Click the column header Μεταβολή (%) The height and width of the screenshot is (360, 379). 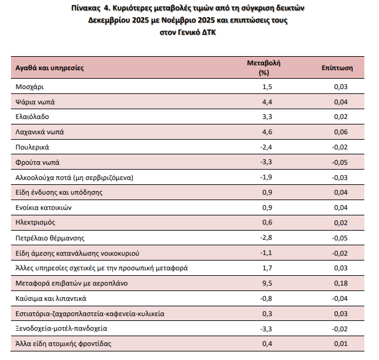click(264, 68)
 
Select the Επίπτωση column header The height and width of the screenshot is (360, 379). click(334, 68)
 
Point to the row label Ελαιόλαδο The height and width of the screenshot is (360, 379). click(32, 117)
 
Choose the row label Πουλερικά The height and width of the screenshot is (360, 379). click(32, 147)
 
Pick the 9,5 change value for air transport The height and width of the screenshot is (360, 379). click(267, 283)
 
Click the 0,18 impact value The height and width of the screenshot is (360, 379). click(341, 283)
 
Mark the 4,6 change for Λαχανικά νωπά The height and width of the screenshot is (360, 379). click(267, 132)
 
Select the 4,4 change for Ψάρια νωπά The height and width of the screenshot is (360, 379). click(267, 102)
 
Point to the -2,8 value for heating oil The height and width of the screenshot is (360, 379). click(265, 238)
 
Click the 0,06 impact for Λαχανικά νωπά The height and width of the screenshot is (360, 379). click(341, 132)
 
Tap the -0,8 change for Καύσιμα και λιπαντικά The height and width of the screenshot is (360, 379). click(265, 298)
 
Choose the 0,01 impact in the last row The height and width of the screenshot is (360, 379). click(341, 344)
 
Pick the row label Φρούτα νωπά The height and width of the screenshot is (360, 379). click(37, 162)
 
